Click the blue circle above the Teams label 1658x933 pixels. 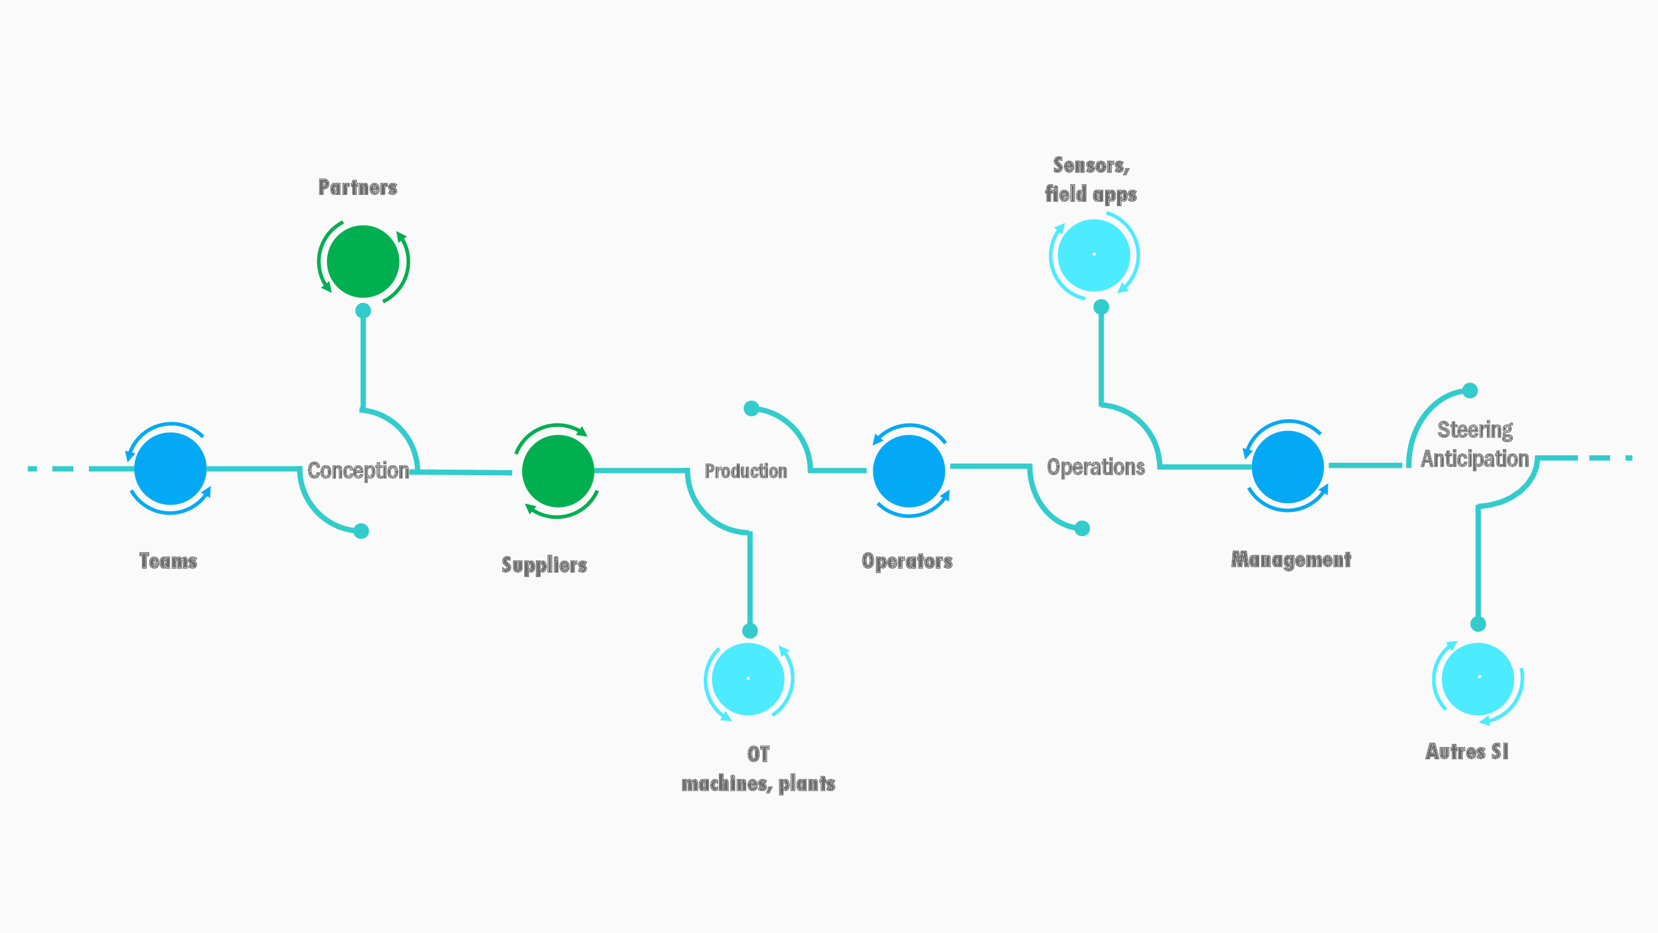pyautogui.click(x=170, y=468)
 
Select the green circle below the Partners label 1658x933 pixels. pyautogui.click(x=363, y=261)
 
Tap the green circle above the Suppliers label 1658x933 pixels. pyautogui.click(x=558, y=471)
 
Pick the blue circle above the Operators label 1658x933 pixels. pyautogui.click(x=909, y=471)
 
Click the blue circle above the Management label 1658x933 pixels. pyautogui.click(x=1288, y=467)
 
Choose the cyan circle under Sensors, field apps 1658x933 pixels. pyautogui.click(x=1094, y=255)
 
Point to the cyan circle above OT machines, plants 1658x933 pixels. pyautogui.click(x=748, y=679)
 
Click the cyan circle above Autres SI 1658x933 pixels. pyautogui.click(x=1478, y=679)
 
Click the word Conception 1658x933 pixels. pyautogui.click(x=358, y=471)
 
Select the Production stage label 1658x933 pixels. pyautogui.click(x=746, y=471)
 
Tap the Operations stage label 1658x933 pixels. pyautogui.click(x=1095, y=467)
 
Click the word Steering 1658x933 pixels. pyautogui.click(x=1475, y=429)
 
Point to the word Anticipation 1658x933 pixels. pyautogui.click(x=1475, y=458)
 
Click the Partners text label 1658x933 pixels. pyautogui.click(x=358, y=187)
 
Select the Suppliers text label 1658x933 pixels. pyautogui.click(x=545, y=565)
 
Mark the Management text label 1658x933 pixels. pyautogui.click(x=1291, y=560)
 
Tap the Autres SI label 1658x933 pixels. pyautogui.click(x=1467, y=751)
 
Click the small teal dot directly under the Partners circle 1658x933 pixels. pyautogui.click(x=363, y=310)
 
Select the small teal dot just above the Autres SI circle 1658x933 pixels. pyautogui.click(x=1478, y=624)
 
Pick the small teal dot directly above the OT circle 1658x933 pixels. pyautogui.click(x=750, y=631)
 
